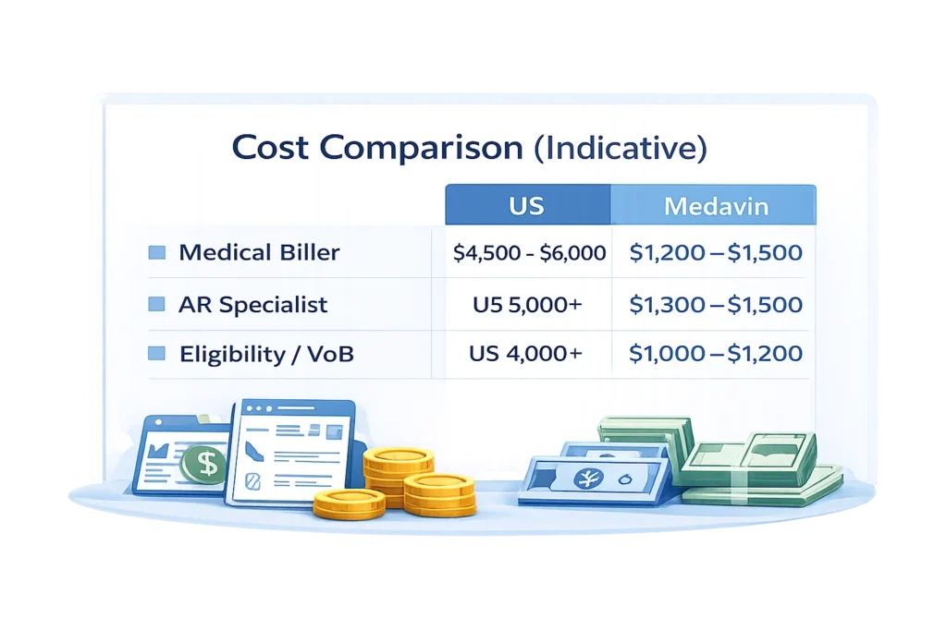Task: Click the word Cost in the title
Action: [x=270, y=147]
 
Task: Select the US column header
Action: [x=526, y=206]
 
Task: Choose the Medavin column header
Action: [x=717, y=207]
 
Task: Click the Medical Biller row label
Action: [x=259, y=252]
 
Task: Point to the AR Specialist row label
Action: [x=253, y=305]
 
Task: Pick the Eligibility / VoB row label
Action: [x=266, y=354]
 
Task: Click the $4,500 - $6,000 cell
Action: [x=529, y=253]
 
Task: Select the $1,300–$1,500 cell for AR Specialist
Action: [x=716, y=305]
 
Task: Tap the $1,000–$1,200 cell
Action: [x=716, y=353]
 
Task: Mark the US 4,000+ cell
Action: [x=526, y=353]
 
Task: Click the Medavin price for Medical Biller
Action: [x=716, y=252]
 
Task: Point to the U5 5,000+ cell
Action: [x=527, y=305]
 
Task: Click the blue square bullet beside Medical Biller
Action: [x=157, y=252]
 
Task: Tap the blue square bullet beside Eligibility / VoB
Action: [x=157, y=354]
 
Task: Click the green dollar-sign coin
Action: [x=204, y=463]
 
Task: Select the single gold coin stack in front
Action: [x=349, y=504]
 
